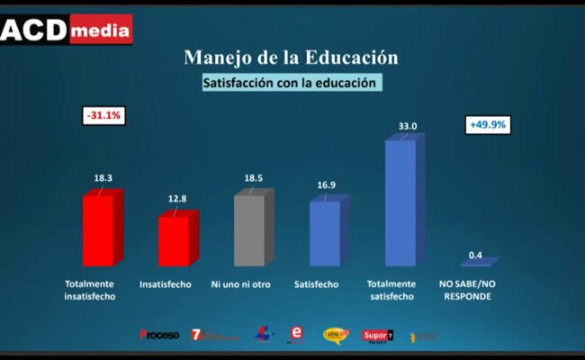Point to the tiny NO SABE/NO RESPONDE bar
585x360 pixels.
[x=478, y=262]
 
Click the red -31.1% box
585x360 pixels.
[x=103, y=116]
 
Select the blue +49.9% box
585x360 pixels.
[x=489, y=125]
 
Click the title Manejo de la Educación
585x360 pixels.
[x=291, y=57]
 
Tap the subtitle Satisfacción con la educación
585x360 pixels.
[x=291, y=83]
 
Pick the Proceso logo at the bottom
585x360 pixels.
[x=159, y=335]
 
